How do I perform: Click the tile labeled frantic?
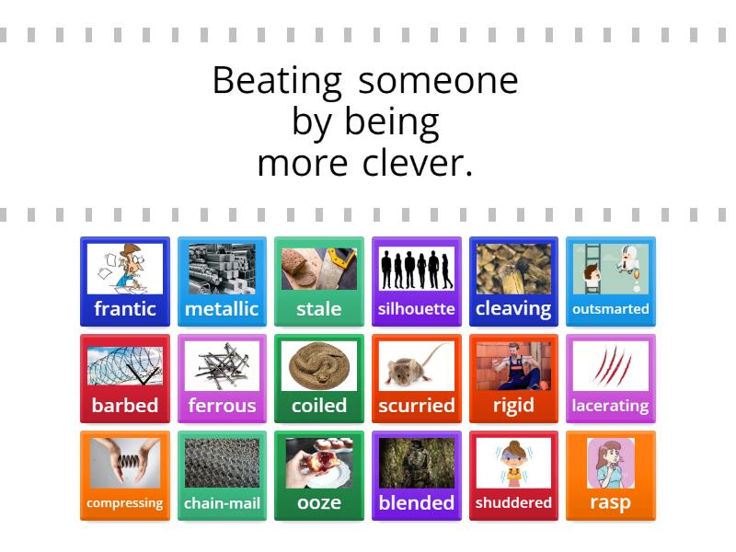(x=125, y=282)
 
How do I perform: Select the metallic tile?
(x=222, y=282)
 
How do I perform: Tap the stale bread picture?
(x=318, y=269)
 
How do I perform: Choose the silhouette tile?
(x=416, y=282)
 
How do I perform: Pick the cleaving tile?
(x=513, y=282)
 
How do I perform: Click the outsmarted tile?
(x=610, y=282)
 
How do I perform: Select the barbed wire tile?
(x=125, y=378)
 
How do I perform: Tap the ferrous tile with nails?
(x=222, y=378)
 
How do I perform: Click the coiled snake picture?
(x=318, y=366)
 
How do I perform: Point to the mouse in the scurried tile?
(x=416, y=366)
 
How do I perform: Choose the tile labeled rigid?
(x=513, y=378)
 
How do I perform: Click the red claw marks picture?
(x=610, y=366)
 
